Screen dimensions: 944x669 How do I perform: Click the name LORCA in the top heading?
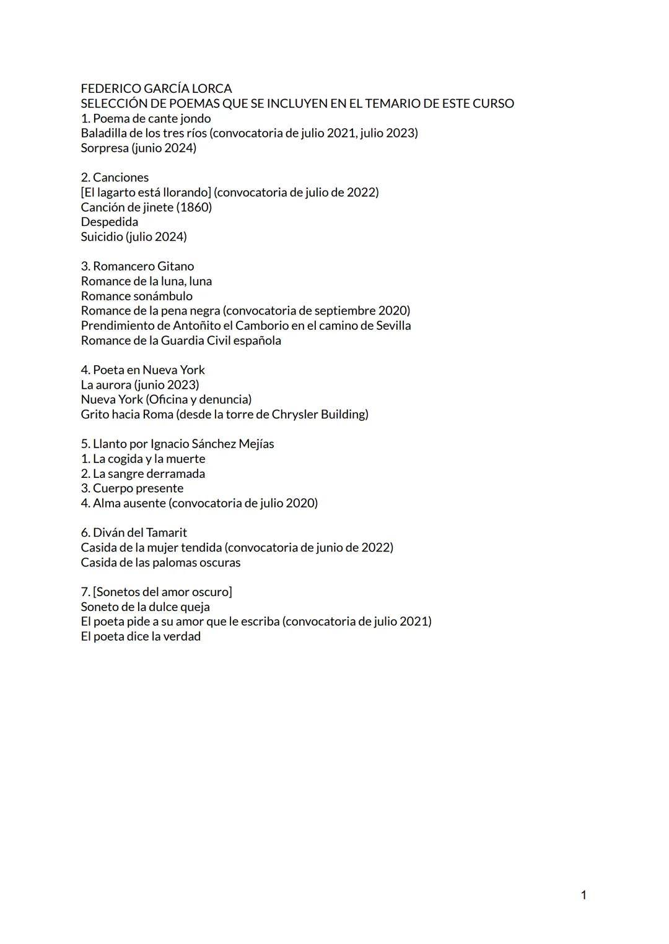tap(212, 89)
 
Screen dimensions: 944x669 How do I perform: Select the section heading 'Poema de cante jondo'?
tap(152, 118)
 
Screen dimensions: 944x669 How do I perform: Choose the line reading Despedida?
tap(110, 222)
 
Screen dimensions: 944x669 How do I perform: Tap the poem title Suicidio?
tap(102, 236)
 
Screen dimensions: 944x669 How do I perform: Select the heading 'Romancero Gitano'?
tap(143, 266)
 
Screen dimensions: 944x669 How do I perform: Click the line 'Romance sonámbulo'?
tap(136, 296)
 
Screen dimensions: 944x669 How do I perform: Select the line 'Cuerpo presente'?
tap(138, 488)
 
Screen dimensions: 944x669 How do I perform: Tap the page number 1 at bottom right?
tap(584, 895)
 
